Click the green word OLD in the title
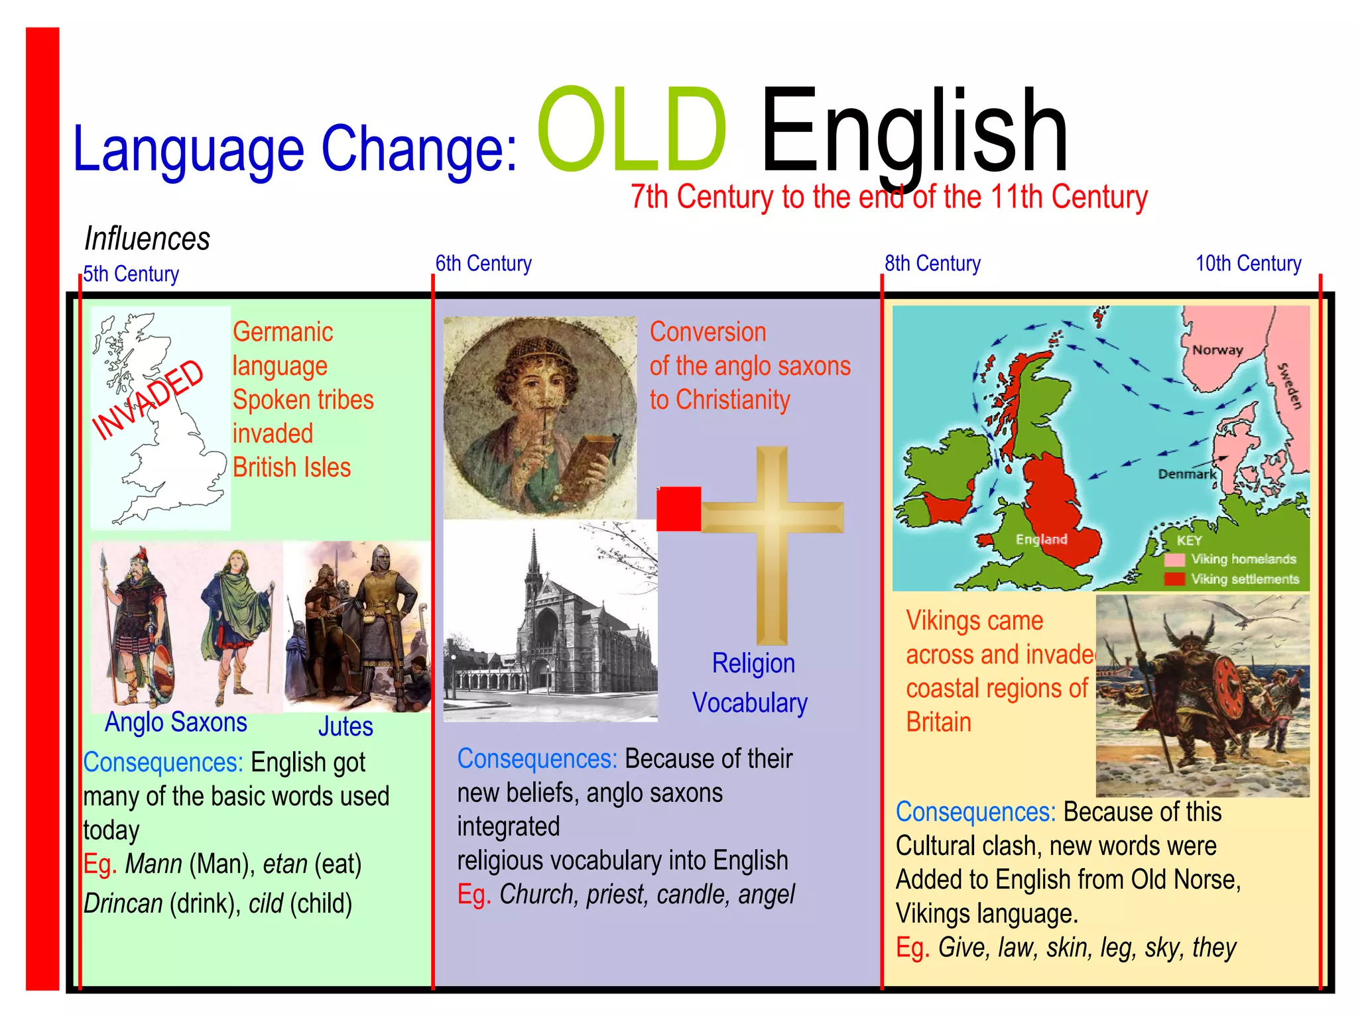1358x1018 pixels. [632, 129]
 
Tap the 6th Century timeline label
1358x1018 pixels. [483, 264]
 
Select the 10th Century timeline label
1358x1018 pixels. [1248, 264]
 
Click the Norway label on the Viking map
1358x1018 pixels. [1217, 350]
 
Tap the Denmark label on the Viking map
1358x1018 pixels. [1187, 474]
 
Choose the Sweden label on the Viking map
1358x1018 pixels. [1290, 386]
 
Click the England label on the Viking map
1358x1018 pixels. [1041, 539]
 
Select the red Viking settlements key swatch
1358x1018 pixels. [1174, 579]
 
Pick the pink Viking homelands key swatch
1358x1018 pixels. [1174, 559]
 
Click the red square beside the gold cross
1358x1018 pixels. [678, 509]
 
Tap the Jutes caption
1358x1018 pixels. [345, 727]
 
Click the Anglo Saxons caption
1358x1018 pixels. [176, 722]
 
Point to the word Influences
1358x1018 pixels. [147, 239]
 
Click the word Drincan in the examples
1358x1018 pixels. [123, 904]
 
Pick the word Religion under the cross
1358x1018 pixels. [753, 663]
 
